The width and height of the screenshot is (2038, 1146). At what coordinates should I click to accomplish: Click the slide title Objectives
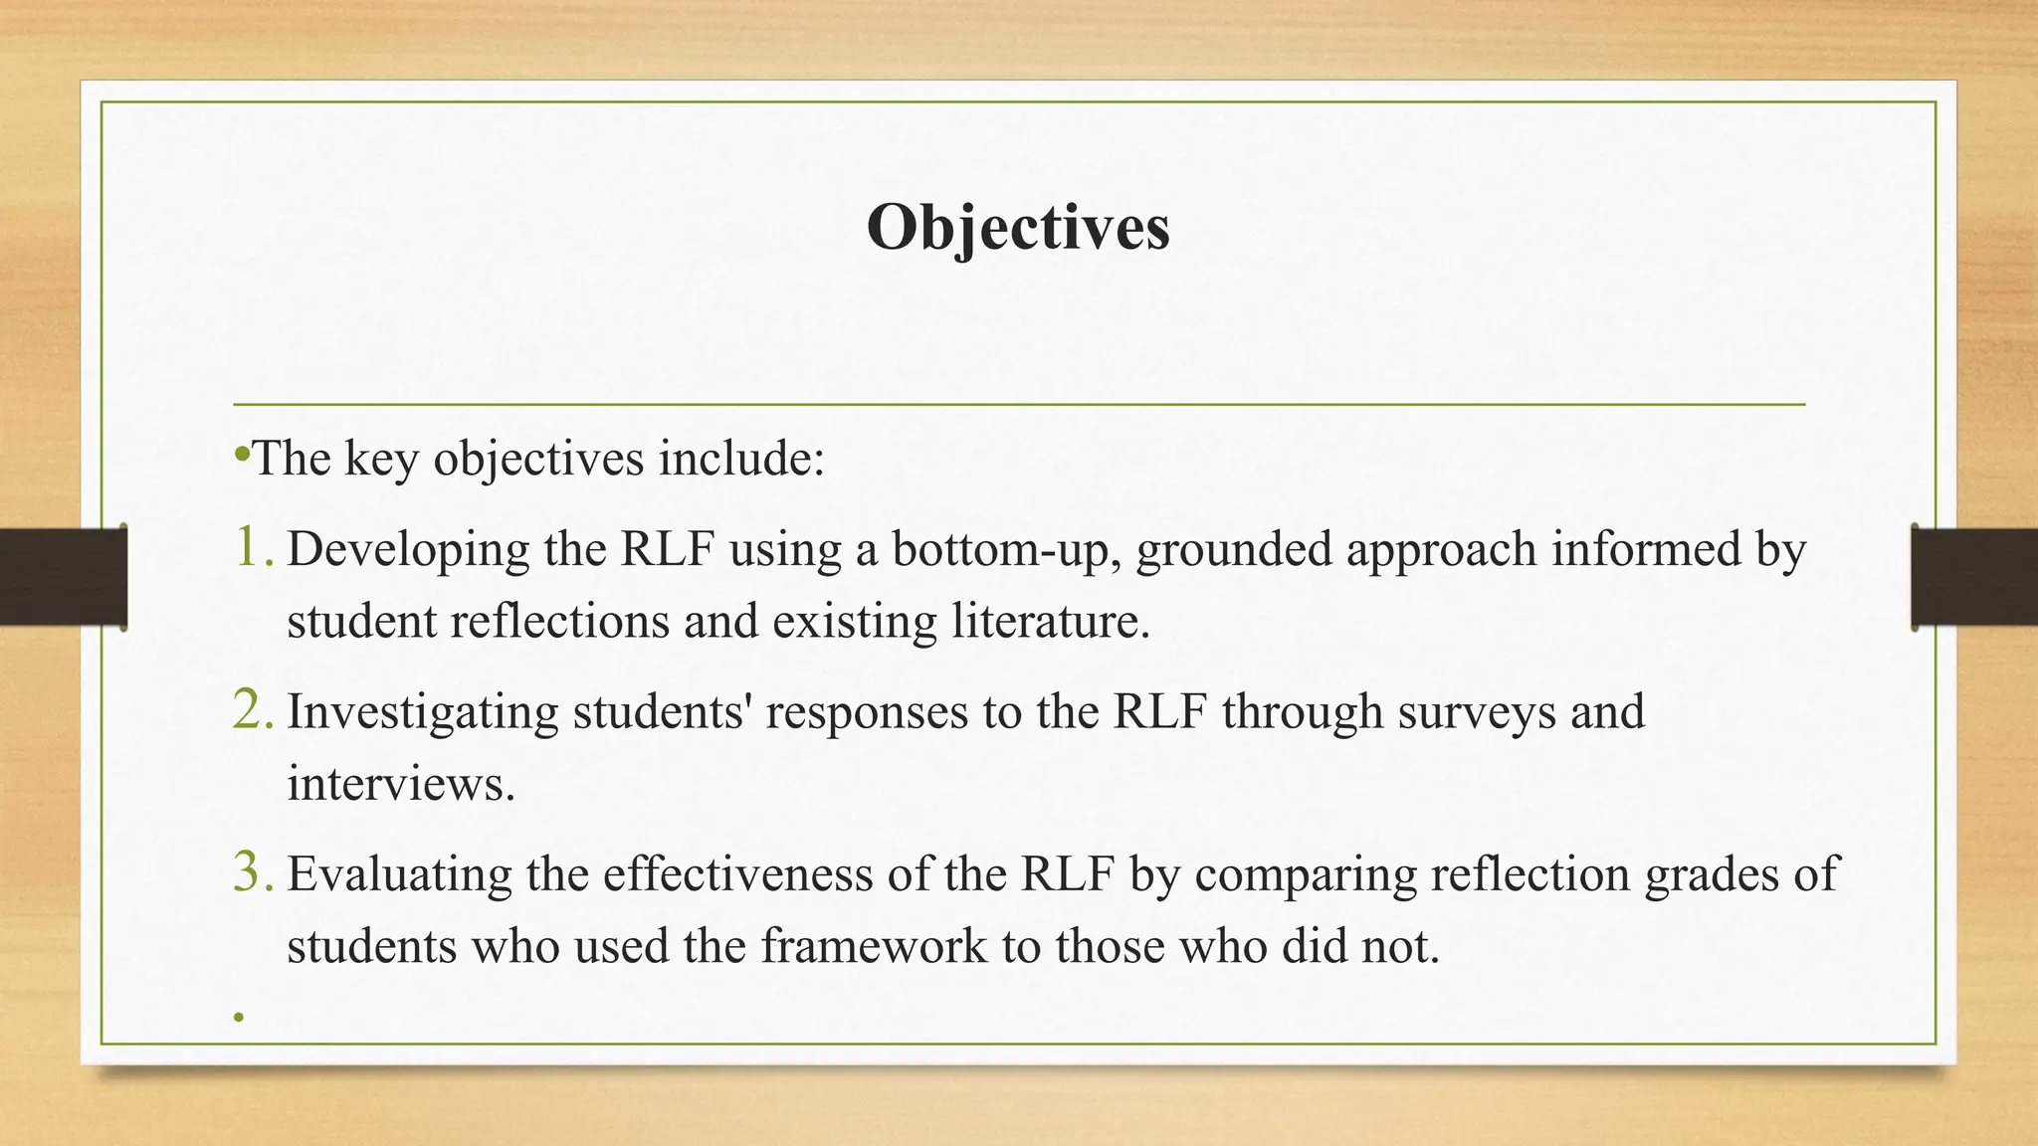(x=1018, y=228)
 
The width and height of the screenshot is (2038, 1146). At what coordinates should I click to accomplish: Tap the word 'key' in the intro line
(x=380, y=460)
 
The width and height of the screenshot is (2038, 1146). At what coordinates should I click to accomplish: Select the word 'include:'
(x=742, y=459)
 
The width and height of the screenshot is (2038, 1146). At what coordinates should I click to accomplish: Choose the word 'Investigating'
(x=423, y=712)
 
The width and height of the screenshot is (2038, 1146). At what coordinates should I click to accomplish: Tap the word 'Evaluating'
(x=399, y=874)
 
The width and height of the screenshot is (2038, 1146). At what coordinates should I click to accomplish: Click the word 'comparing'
(x=1306, y=874)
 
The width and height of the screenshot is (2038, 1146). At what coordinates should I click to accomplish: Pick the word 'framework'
(x=874, y=946)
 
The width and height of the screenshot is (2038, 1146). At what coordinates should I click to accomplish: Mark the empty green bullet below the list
(x=239, y=1017)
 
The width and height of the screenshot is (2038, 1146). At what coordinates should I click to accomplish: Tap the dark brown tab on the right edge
(x=1974, y=577)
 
